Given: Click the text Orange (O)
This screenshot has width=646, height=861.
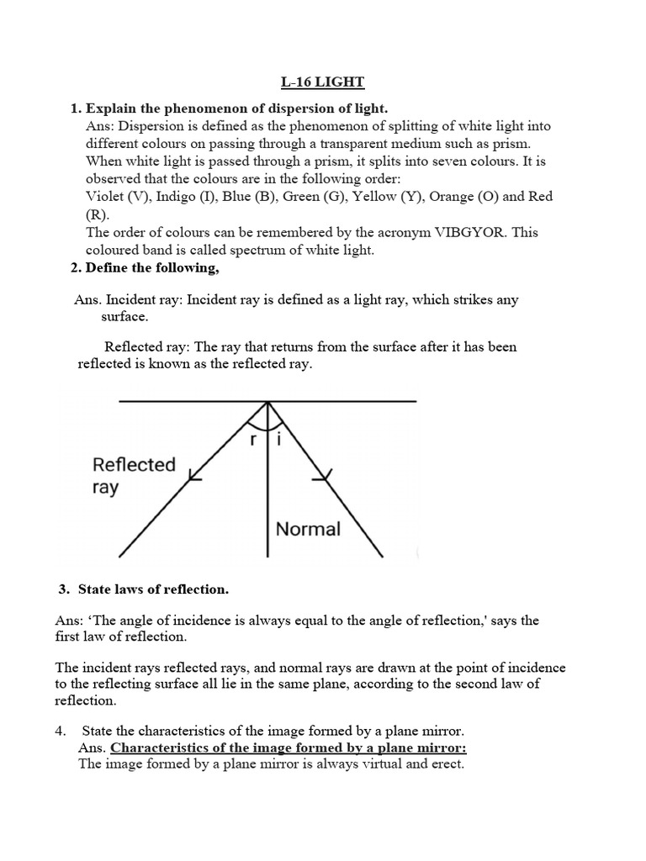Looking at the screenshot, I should click(458, 196).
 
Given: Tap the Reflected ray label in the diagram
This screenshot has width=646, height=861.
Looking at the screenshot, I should click(134, 476).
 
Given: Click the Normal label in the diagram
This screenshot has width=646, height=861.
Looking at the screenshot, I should click(309, 529).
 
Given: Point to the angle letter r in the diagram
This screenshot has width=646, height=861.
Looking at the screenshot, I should click(254, 437).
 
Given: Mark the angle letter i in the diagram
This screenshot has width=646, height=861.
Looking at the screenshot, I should click(280, 437).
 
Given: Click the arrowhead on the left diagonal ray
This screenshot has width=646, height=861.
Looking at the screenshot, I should click(194, 477).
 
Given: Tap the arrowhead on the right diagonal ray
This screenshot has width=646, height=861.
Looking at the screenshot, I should click(320, 478).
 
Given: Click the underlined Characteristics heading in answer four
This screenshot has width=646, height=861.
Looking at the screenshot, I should click(289, 747).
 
